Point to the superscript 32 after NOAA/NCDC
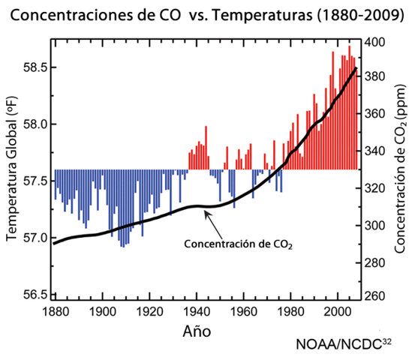tap(386, 342)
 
